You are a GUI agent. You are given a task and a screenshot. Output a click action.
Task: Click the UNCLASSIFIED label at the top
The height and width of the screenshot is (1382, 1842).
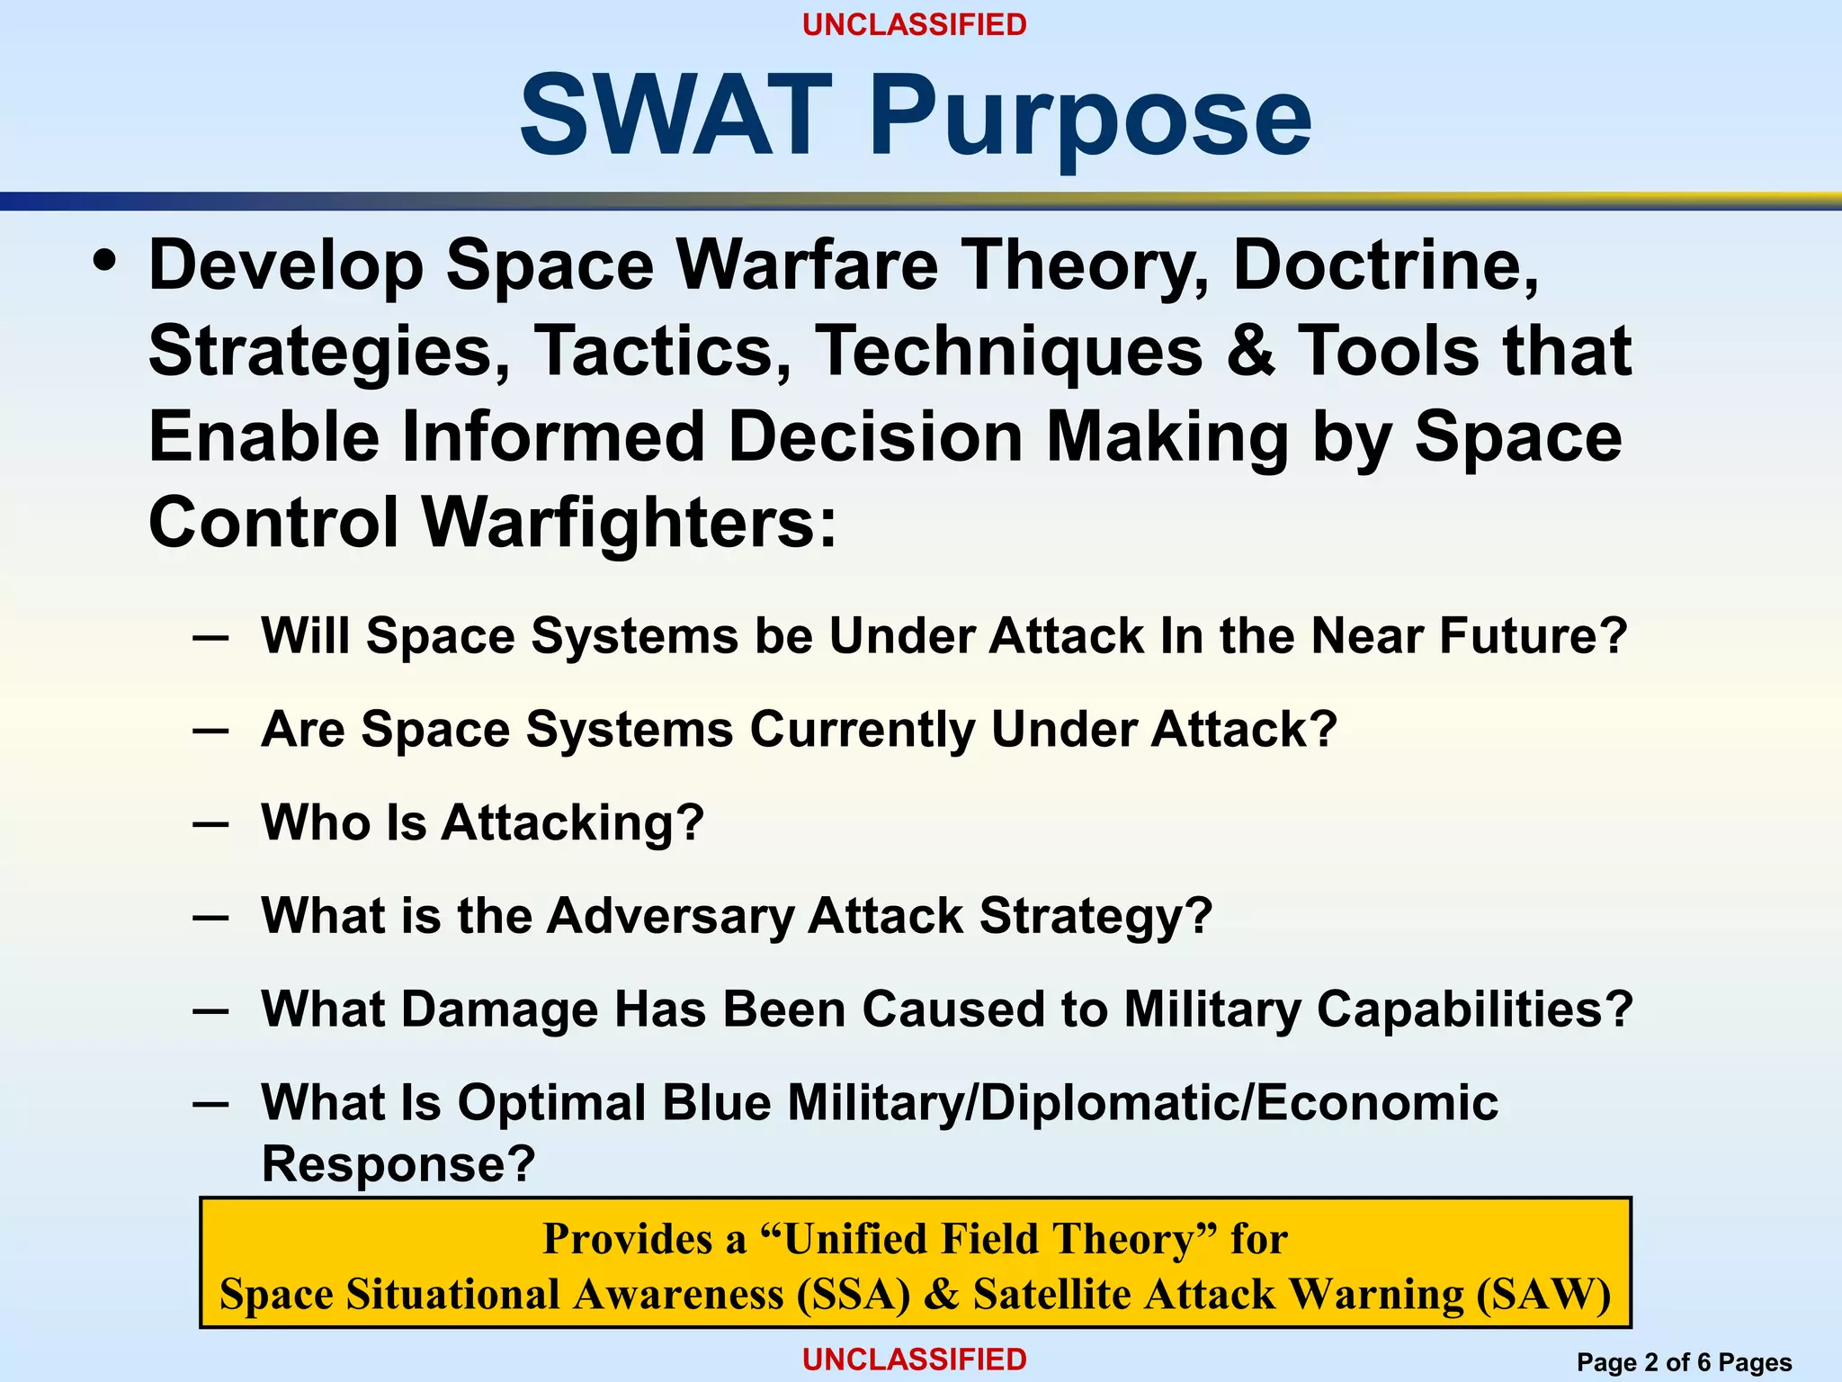(x=914, y=25)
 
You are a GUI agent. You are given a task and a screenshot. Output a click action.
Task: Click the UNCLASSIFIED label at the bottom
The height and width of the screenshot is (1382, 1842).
(x=914, y=1360)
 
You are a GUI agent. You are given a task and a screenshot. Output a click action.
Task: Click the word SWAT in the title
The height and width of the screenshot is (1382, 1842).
(x=675, y=115)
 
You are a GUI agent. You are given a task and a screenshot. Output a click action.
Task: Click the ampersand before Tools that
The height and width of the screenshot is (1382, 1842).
(x=1250, y=351)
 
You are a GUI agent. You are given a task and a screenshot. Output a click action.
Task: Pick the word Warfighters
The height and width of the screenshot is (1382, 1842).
(x=630, y=523)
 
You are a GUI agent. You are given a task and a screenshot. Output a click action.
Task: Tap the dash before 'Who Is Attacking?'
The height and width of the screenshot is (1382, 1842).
(x=210, y=823)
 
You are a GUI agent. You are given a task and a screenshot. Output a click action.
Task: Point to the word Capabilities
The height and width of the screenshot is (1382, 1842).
(x=1474, y=1010)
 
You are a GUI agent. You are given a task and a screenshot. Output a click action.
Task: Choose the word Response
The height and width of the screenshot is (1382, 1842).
(x=398, y=1163)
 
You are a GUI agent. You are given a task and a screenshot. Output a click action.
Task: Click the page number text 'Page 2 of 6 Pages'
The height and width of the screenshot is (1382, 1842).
(x=1684, y=1362)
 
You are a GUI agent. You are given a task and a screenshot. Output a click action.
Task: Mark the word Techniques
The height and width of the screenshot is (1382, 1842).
(x=1008, y=351)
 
